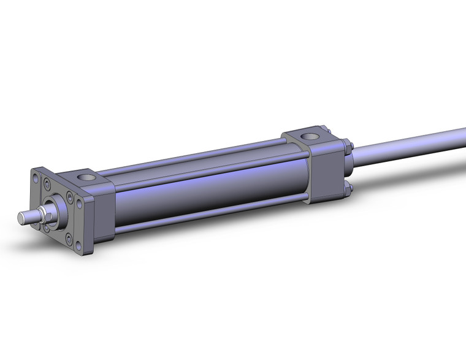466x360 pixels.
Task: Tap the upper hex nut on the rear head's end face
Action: pyautogui.click(x=348, y=147)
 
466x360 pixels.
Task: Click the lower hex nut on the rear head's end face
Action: pyautogui.click(x=348, y=187)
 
